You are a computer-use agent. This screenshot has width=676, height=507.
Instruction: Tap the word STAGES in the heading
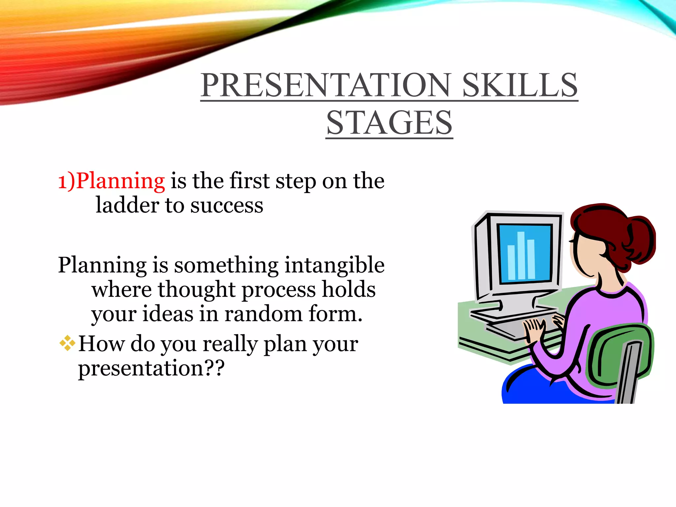pos(389,123)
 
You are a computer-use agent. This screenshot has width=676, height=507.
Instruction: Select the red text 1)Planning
pos(112,181)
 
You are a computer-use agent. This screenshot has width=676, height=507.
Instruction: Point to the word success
pos(227,205)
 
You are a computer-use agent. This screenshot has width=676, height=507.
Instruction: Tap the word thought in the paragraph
pos(196,289)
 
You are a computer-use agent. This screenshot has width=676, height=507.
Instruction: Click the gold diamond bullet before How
pos(67,343)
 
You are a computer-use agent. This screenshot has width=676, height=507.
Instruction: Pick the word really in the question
pos(230,344)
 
